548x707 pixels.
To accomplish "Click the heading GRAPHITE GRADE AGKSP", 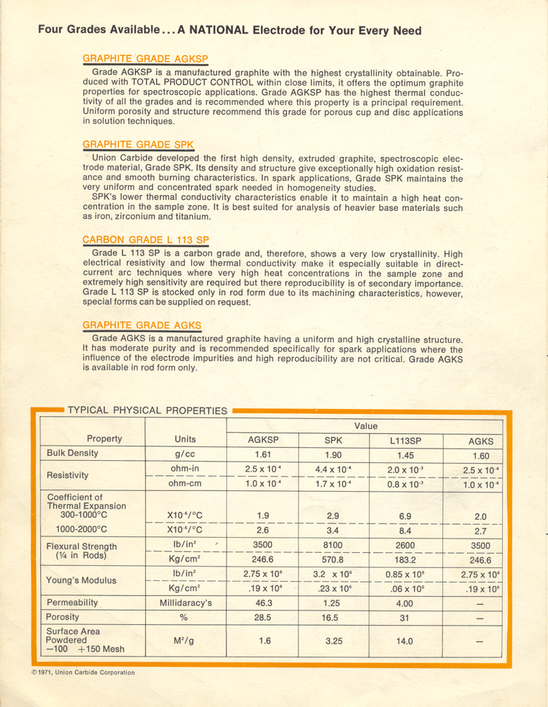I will point(145,58).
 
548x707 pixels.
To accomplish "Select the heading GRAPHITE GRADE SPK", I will point(138,144).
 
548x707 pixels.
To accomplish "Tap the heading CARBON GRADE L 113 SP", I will point(145,239).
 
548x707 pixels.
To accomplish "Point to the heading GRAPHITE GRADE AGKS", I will point(142,325).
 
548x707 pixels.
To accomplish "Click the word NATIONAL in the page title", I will point(209,30).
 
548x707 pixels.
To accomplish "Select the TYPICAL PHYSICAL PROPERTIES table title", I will point(147,410).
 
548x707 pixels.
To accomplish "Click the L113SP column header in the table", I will point(405,440).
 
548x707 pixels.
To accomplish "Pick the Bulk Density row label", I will point(72,454).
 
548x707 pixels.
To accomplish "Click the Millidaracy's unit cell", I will point(185,602).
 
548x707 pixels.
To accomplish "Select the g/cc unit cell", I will point(185,454).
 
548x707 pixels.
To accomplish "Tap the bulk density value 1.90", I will point(334,454).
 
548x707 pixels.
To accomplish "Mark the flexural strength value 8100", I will point(334,546).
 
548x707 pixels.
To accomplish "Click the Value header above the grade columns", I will point(365,425).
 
